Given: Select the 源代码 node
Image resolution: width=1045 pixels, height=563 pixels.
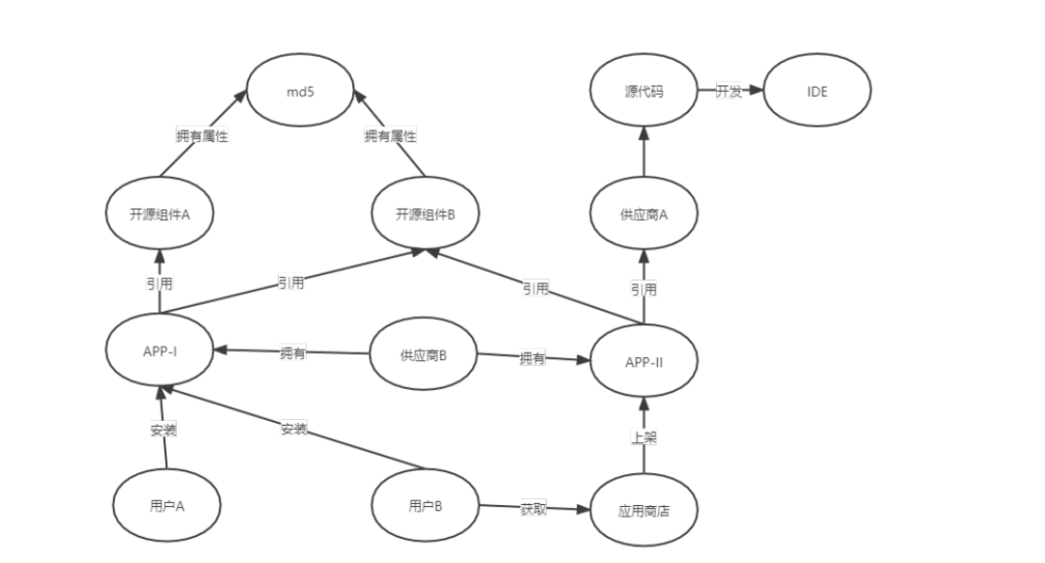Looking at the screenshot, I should pyautogui.click(x=643, y=92).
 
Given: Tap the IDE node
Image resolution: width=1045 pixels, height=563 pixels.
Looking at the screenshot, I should pyautogui.click(x=818, y=92).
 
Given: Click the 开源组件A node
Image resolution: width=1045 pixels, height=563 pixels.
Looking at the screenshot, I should pyautogui.click(x=159, y=214).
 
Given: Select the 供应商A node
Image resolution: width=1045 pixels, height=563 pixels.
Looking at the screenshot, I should pyautogui.click(x=643, y=214).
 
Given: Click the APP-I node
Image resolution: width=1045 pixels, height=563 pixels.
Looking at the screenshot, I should pyautogui.click(x=159, y=350).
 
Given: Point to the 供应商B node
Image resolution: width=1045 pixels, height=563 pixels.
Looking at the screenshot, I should pyautogui.click(x=424, y=355).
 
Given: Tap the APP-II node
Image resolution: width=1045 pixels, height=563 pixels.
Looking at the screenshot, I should pyautogui.click(x=643, y=362).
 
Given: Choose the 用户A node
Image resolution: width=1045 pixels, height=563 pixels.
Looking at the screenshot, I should pyautogui.click(x=166, y=505).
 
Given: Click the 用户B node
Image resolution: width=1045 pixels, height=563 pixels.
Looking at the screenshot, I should pyautogui.click(x=426, y=505).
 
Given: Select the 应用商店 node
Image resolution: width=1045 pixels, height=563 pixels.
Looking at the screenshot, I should pyautogui.click(x=643, y=510).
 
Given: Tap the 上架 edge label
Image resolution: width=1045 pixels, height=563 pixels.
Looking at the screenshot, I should pyautogui.click(x=643, y=437).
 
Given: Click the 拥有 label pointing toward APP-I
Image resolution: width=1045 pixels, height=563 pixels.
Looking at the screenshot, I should pyautogui.click(x=292, y=353).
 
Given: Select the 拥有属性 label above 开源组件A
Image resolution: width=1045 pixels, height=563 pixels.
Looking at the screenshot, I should pyautogui.click(x=202, y=136).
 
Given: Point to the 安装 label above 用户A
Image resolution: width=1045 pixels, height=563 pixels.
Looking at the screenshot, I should pyautogui.click(x=164, y=429).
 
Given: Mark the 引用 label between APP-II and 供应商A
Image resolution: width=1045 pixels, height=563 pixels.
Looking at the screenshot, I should pyautogui.click(x=643, y=288).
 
